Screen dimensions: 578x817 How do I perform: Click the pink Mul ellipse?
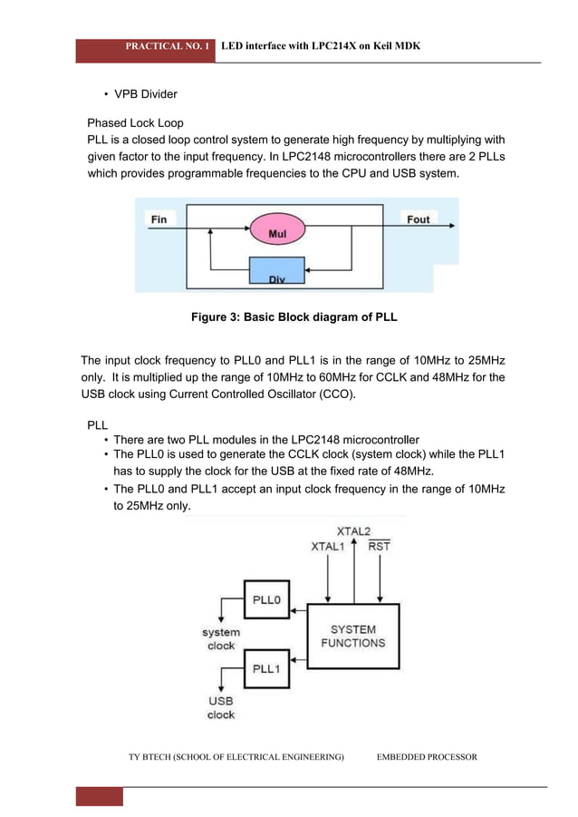[x=277, y=229]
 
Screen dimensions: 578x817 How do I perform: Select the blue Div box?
[x=277, y=270]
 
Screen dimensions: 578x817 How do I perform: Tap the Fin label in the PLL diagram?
[x=159, y=219]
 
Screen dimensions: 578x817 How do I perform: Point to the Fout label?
[x=419, y=219]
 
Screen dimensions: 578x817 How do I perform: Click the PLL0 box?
[x=266, y=599]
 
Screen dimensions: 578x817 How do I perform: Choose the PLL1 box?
[x=266, y=668]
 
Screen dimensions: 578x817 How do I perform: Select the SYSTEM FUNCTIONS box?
[x=353, y=637]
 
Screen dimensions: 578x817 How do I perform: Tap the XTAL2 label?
[x=353, y=531]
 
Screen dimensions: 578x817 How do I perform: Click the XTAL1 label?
[x=328, y=547]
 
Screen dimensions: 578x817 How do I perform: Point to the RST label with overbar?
[x=379, y=546]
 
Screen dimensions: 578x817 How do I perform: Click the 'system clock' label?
[x=221, y=638]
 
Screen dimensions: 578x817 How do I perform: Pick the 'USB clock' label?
[x=221, y=708]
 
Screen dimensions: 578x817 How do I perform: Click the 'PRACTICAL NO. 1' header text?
[x=168, y=46]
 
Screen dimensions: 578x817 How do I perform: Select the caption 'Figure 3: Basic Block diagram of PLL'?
[x=294, y=316]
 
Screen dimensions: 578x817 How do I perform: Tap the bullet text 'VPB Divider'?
[x=146, y=93]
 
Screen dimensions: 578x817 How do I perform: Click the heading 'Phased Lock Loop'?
[x=135, y=123]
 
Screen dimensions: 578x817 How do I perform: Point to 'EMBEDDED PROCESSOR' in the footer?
[x=427, y=756]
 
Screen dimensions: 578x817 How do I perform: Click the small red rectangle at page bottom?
[x=100, y=797]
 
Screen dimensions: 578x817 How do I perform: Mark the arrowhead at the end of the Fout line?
[x=452, y=226]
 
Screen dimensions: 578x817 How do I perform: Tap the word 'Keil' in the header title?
[x=382, y=46]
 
